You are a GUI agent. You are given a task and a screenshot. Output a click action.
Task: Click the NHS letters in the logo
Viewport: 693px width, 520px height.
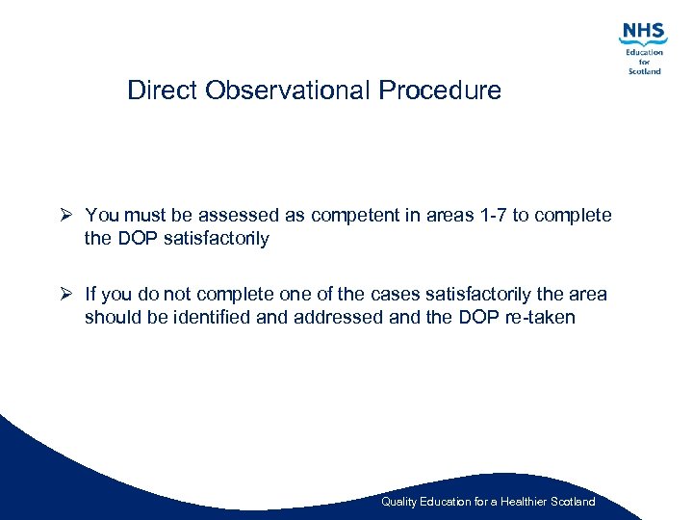pos(643,33)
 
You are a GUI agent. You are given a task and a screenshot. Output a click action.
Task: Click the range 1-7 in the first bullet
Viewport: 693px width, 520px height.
pos(489,216)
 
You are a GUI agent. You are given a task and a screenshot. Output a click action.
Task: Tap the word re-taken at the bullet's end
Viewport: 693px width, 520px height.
pos(540,317)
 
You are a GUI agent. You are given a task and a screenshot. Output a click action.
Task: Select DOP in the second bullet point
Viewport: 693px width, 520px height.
pos(478,317)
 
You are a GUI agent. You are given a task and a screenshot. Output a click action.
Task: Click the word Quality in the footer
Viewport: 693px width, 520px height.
pos(398,502)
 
